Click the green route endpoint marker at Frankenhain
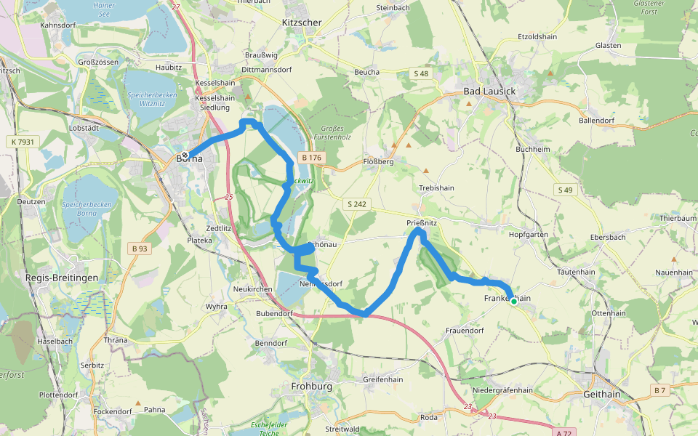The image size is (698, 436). [x=513, y=302]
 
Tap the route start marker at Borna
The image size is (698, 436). [x=185, y=155]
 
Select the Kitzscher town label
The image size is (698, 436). [x=301, y=23]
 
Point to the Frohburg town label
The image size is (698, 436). [x=311, y=387]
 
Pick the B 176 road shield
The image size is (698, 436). [x=312, y=158]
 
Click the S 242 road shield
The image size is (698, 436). [x=356, y=205]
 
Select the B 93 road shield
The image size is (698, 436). [x=140, y=249]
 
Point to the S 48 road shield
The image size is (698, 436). [x=421, y=73]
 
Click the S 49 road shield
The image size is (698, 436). [x=565, y=190]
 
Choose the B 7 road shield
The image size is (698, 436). [x=659, y=390]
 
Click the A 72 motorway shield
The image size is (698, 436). [x=563, y=432]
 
